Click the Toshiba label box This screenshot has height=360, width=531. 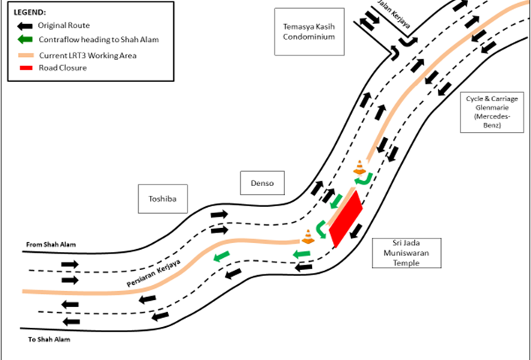point(163,199)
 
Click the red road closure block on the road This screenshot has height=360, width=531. point(345,217)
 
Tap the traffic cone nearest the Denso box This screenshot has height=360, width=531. point(358,168)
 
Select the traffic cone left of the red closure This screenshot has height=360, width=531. point(307,237)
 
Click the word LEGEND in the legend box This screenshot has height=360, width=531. point(29,13)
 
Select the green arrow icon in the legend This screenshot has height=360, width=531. point(25,40)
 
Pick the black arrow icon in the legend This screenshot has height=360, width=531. point(25,25)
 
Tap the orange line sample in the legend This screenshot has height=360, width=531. point(25,54)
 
